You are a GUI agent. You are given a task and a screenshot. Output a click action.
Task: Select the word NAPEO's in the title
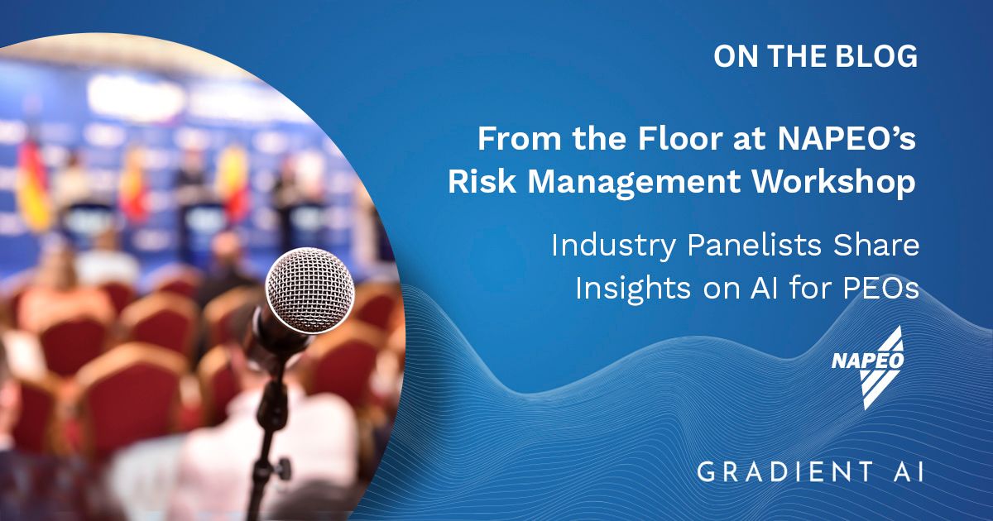(847, 139)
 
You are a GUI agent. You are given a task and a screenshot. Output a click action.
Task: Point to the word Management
(634, 184)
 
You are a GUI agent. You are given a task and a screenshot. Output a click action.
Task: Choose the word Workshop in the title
(834, 184)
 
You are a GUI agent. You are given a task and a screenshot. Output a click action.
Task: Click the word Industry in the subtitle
(613, 246)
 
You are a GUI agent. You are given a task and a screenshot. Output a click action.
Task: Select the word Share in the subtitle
(876, 245)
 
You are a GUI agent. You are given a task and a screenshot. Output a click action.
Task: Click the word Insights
(633, 289)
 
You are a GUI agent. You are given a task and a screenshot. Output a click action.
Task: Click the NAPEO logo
(867, 367)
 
